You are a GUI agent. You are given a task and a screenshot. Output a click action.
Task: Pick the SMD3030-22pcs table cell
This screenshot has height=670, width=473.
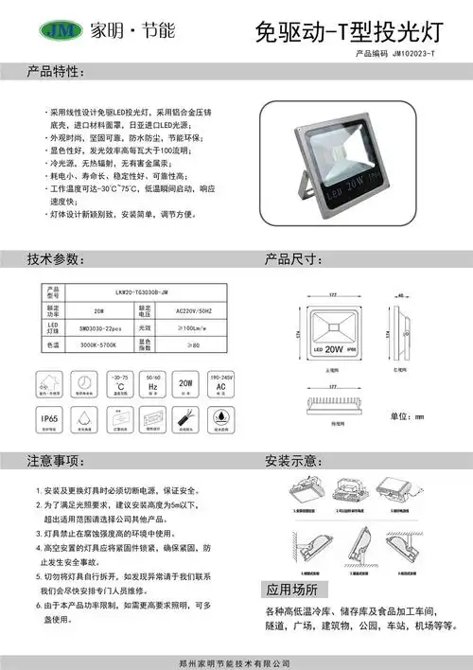click(x=99, y=326)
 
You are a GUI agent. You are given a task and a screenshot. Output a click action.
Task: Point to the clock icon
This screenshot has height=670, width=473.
click(x=85, y=384)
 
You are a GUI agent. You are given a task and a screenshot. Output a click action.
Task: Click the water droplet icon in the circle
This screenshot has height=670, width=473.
click(x=220, y=418)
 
